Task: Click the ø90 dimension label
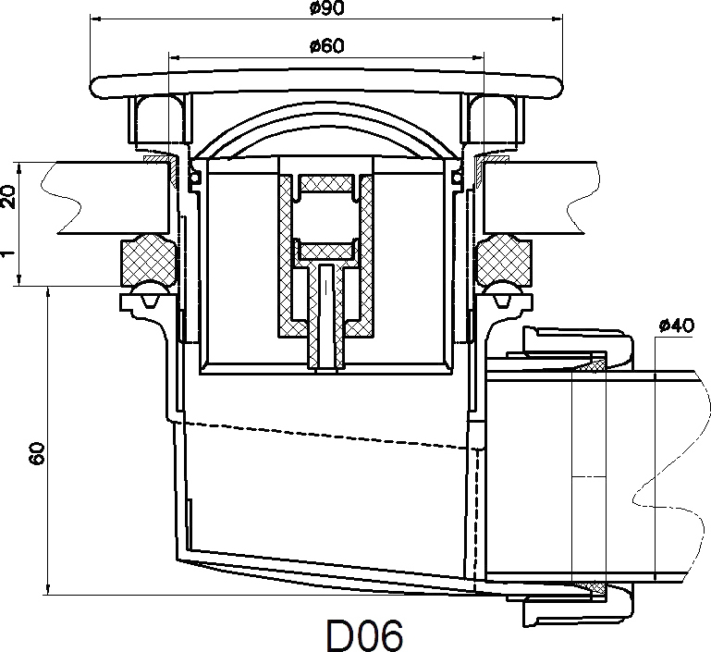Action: [x=327, y=7]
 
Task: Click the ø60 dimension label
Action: [x=327, y=45]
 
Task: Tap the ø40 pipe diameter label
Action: [x=677, y=326]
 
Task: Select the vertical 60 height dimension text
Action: [x=38, y=453]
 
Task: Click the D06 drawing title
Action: [x=364, y=635]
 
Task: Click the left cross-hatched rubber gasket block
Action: [x=147, y=260]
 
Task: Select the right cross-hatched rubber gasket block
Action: [x=503, y=260]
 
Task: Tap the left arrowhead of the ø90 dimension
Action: [x=95, y=18]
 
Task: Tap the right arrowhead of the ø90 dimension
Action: [x=558, y=18]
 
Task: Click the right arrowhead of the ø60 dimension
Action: [x=479, y=57]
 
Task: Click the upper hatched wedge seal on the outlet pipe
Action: [x=593, y=363]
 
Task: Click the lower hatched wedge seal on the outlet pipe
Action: [x=593, y=588]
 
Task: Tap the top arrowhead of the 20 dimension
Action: [x=19, y=167]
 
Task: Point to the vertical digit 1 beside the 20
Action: [x=6, y=253]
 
